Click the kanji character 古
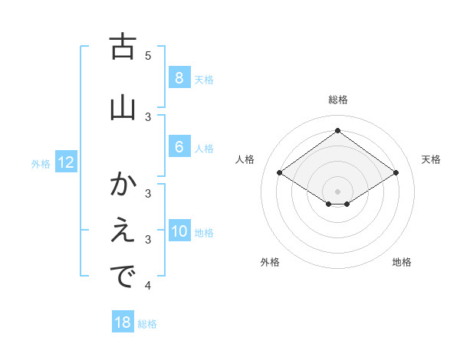[x=123, y=47]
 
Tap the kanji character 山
[x=123, y=106]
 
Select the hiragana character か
[x=123, y=185]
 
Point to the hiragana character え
[x=123, y=231]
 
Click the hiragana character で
[x=123, y=277]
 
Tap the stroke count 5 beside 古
[x=148, y=56]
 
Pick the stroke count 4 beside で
[x=148, y=286]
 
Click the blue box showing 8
[x=179, y=78]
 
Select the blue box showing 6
[x=179, y=147]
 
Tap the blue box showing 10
[x=179, y=231]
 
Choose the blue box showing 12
[x=66, y=162]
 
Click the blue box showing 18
[x=123, y=322]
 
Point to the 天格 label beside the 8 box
[x=204, y=80]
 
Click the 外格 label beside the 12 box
[x=41, y=163]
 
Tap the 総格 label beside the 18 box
[x=147, y=324]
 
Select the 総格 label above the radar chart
[x=337, y=100]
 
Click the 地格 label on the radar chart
[x=402, y=263]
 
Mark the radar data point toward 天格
[x=396, y=173]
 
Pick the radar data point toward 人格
[x=280, y=173]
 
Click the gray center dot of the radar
[x=337, y=191]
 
